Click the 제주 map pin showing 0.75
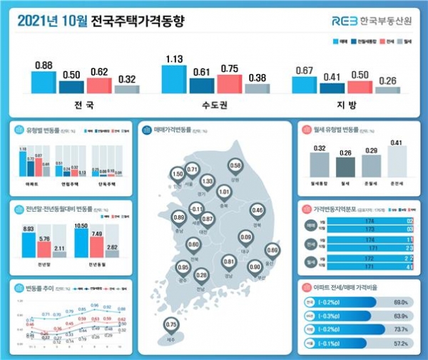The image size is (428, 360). coord(170,325)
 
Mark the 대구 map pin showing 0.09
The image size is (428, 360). coord(246,237)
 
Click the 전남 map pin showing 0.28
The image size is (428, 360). coord(202,275)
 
